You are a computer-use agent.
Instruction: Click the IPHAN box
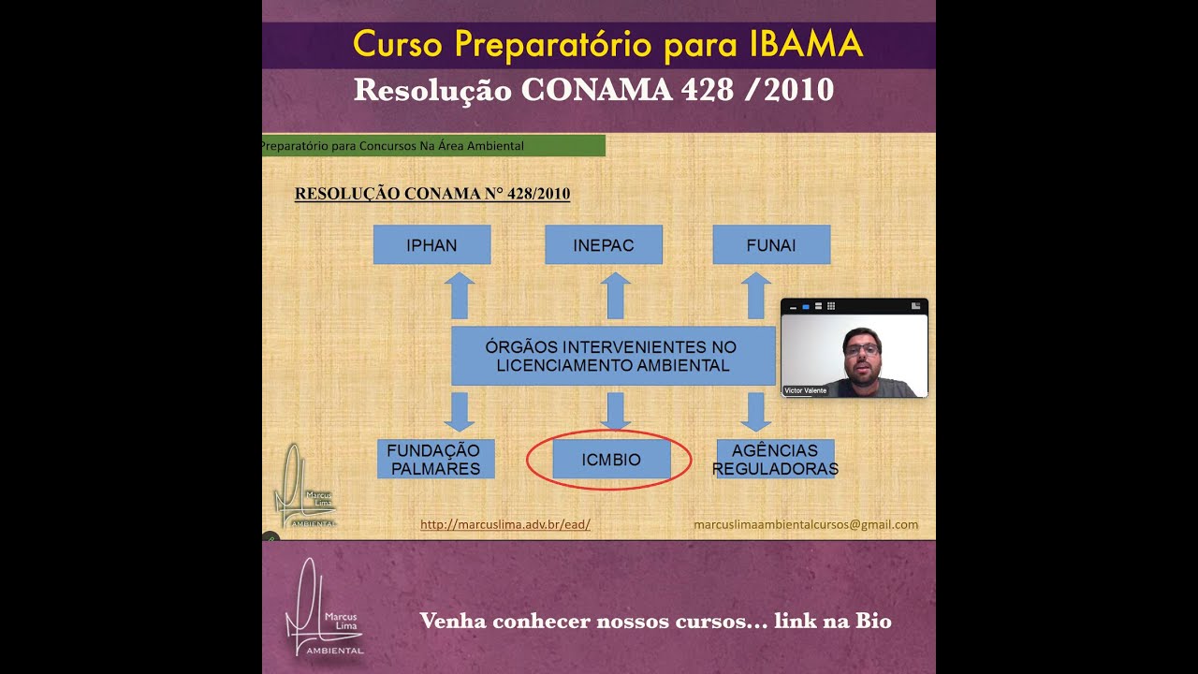pyautogui.click(x=431, y=245)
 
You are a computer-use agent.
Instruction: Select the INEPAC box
pyautogui.click(x=604, y=245)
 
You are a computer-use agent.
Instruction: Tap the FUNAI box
pyautogui.click(x=771, y=245)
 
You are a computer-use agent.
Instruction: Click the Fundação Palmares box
pyautogui.click(x=435, y=460)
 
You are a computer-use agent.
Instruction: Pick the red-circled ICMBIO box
pyautogui.click(x=611, y=460)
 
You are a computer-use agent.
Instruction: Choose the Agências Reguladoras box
pyautogui.click(x=775, y=460)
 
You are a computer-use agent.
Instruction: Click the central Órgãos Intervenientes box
pyautogui.click(x=613, y=356)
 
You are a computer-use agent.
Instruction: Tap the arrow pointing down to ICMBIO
pyautogui.click(x=615, y=411)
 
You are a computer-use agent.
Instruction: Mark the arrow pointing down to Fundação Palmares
pyautogui.click(x=459, y=411)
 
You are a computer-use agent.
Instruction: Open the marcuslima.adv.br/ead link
pyautogui.click(x=505, y=525)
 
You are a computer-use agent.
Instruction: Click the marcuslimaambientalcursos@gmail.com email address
pyautogui.click(x=806, y=525)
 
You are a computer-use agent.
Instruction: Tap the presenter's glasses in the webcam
pyautogui.click(x=861, y=349)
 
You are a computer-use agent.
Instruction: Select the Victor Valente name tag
pyautogui.click(x=806, y=390)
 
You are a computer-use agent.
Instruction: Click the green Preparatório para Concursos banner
pyautogui.click(x=433, y=146)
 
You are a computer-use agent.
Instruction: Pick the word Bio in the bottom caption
pyautogui.click(x=872, y=621)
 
